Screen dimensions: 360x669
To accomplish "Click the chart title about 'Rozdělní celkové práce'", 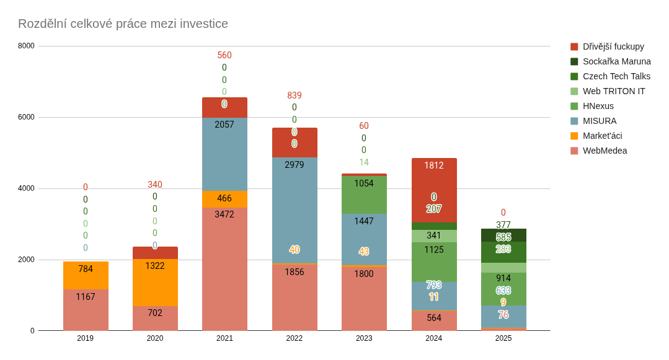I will coord(123,24).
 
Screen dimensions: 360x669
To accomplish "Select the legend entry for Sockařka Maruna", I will coord(616,61).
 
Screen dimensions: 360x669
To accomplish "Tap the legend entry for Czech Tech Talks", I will coord(616,76).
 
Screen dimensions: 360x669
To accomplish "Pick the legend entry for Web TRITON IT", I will coord(613,91).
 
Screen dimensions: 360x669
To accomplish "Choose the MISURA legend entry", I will coord(599,121).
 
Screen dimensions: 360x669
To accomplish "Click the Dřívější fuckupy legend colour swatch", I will coord(574,46).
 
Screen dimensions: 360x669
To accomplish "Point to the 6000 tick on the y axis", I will coord(26,117).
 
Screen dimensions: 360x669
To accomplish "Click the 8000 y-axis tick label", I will coord(26,46).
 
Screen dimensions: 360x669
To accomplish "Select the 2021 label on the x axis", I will coord(224,338).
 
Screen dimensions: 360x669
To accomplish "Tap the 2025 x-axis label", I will coord(503,338).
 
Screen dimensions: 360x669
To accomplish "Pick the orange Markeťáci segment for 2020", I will coord(155,283).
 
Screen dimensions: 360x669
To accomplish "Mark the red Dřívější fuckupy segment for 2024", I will coord(434,186).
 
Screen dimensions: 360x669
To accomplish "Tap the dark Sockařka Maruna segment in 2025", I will coord(503,235).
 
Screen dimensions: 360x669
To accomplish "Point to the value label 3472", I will coord(224,214).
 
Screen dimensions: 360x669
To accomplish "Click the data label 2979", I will coord(295,165).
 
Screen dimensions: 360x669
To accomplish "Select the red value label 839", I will coord(295,95).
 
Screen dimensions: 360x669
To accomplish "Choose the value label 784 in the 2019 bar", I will coord(86,269).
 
